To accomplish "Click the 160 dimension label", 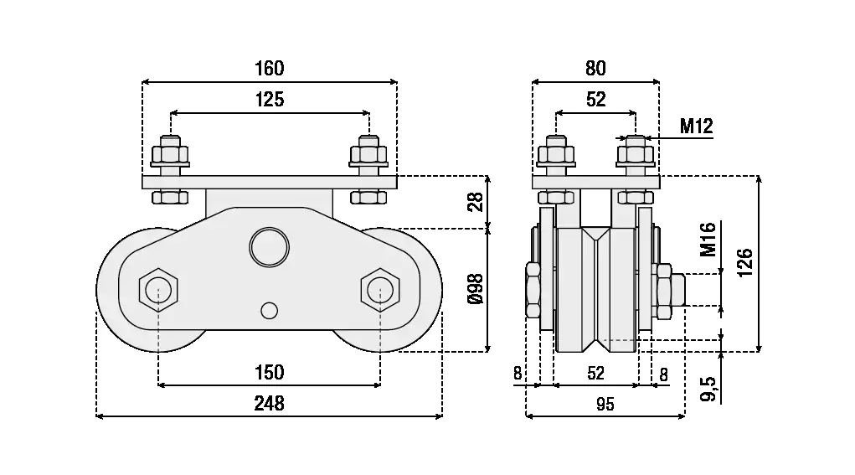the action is coord(270,68).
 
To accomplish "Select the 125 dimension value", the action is coord(270,99).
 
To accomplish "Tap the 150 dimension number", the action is coord(270,373).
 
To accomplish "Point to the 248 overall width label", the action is coord(270,404).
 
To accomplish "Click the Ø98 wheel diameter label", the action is coord(476,289).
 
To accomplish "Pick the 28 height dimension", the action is coord(476,202).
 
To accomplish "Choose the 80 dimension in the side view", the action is coord(595,68).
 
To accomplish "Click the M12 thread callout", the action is coord(697,126).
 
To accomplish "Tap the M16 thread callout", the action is coord(708,240).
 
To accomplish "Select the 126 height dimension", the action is coord(744,262).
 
